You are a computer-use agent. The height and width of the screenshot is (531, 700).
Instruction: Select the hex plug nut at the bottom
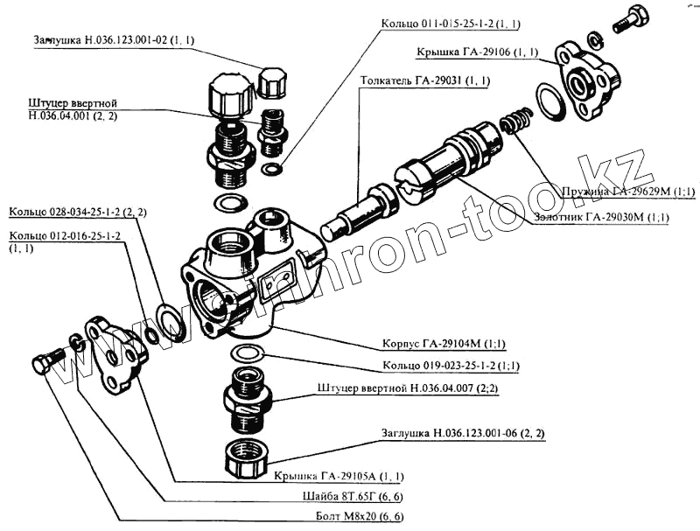tap(247, 459)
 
